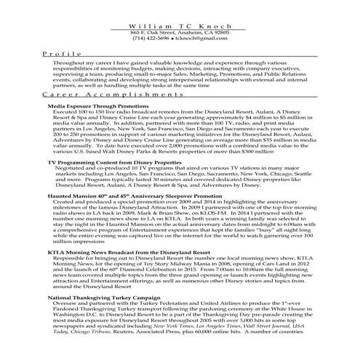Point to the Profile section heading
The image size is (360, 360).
click(x=57, y=54)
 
